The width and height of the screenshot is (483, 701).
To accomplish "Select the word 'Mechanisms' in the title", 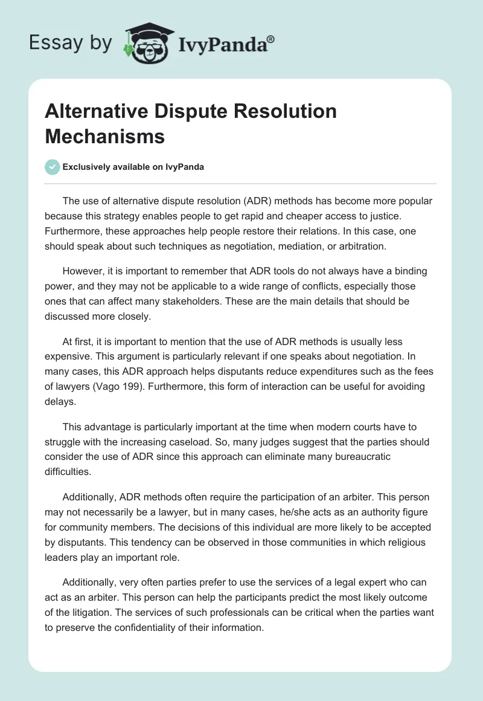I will (x=104, y=136).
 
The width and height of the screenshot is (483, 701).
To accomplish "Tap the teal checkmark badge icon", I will (x=53, y=167).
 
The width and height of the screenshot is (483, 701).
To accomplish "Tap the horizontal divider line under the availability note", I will (x=241, y=183).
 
